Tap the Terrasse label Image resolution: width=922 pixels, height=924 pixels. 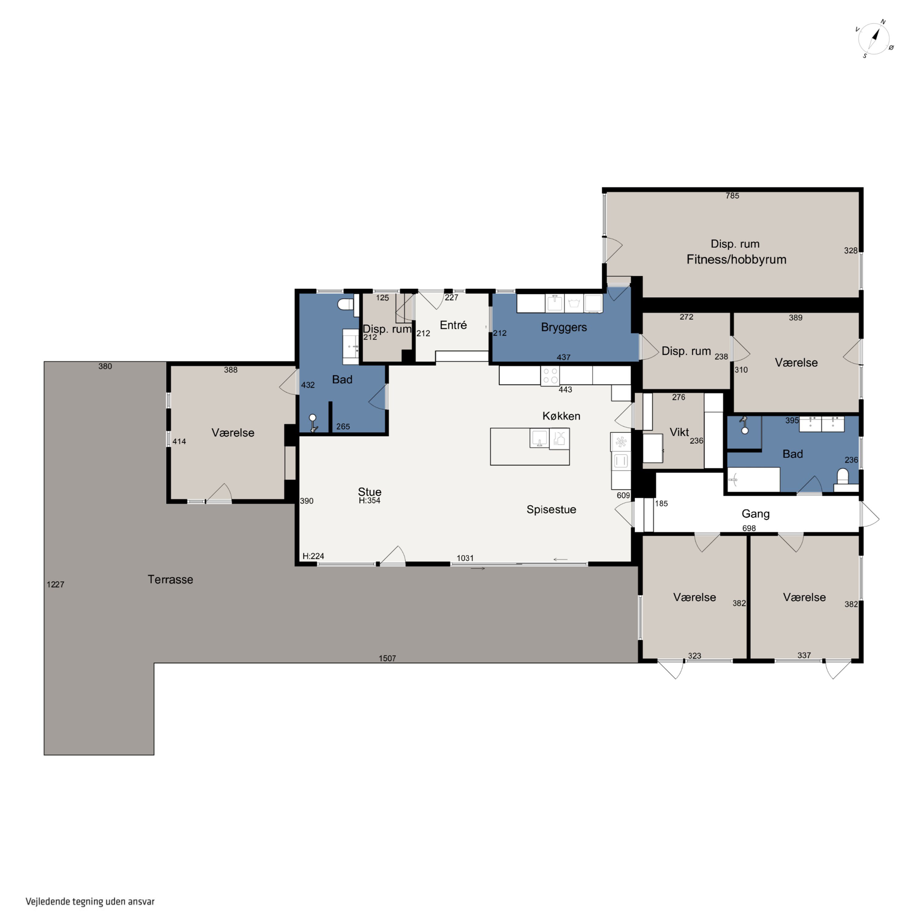170,580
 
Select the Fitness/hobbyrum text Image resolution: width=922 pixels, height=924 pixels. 736,260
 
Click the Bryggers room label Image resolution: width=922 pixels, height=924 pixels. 564,328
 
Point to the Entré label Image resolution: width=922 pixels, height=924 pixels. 453,325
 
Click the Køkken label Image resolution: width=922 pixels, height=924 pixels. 561,416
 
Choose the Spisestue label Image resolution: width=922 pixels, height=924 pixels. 551,510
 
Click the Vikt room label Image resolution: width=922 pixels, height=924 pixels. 679,432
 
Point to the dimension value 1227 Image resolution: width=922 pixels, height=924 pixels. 55,585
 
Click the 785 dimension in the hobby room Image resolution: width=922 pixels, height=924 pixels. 732,196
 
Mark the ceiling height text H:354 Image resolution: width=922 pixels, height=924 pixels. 369,501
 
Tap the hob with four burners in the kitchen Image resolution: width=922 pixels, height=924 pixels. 550,376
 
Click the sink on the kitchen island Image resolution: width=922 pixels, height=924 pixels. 540,438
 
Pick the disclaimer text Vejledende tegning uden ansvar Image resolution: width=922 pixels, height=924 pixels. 90,902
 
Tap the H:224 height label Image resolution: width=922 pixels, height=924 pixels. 313,556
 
